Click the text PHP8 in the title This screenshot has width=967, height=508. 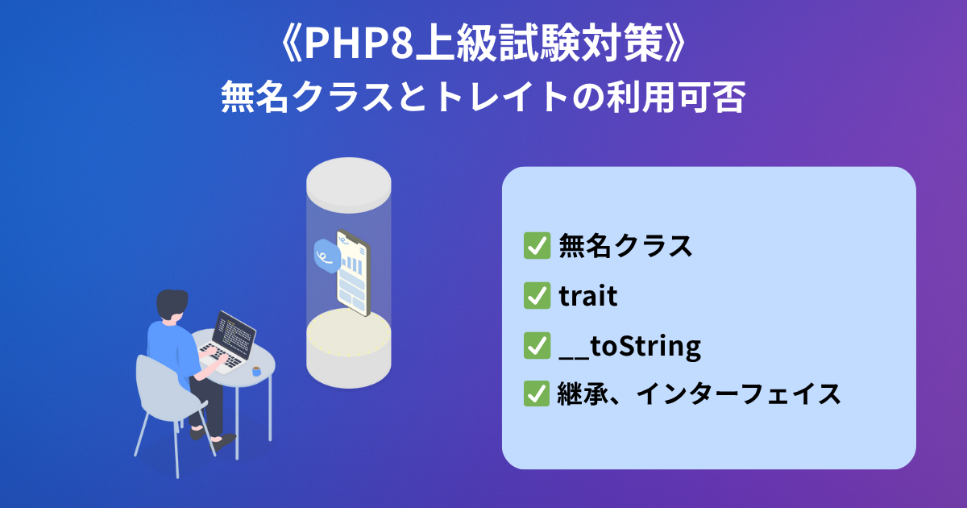click(x=359, y=43)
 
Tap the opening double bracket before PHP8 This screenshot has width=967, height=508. click(x=291, y=44)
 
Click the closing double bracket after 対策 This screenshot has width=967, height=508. click(x=675, y=44)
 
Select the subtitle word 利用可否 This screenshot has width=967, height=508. click(x=676, y=98)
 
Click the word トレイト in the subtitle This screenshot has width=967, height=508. click(x=501, y=98)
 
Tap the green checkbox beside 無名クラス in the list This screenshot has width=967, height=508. click(x=537, y=245)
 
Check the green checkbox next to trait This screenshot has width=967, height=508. click(x=537, y=295)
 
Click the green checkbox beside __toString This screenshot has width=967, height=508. click(x=537, y=346)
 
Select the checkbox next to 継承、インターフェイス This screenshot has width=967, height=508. click(x=537, y=393)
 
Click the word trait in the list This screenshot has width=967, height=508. click(x=588, y=296)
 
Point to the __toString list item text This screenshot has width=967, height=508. click(x=630, y=347)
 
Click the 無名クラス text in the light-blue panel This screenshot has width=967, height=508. click(x=625, y=246)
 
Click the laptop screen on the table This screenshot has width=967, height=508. click(x=235, y=335)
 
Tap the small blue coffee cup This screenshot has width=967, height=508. click(x=256, y=371)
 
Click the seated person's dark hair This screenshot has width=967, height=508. click(x=172, y=303)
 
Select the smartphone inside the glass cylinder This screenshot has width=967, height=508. click(x=354, y=273)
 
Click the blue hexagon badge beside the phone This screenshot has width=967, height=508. click(x=327, y=256)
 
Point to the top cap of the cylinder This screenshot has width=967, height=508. click(x=349, y=185)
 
